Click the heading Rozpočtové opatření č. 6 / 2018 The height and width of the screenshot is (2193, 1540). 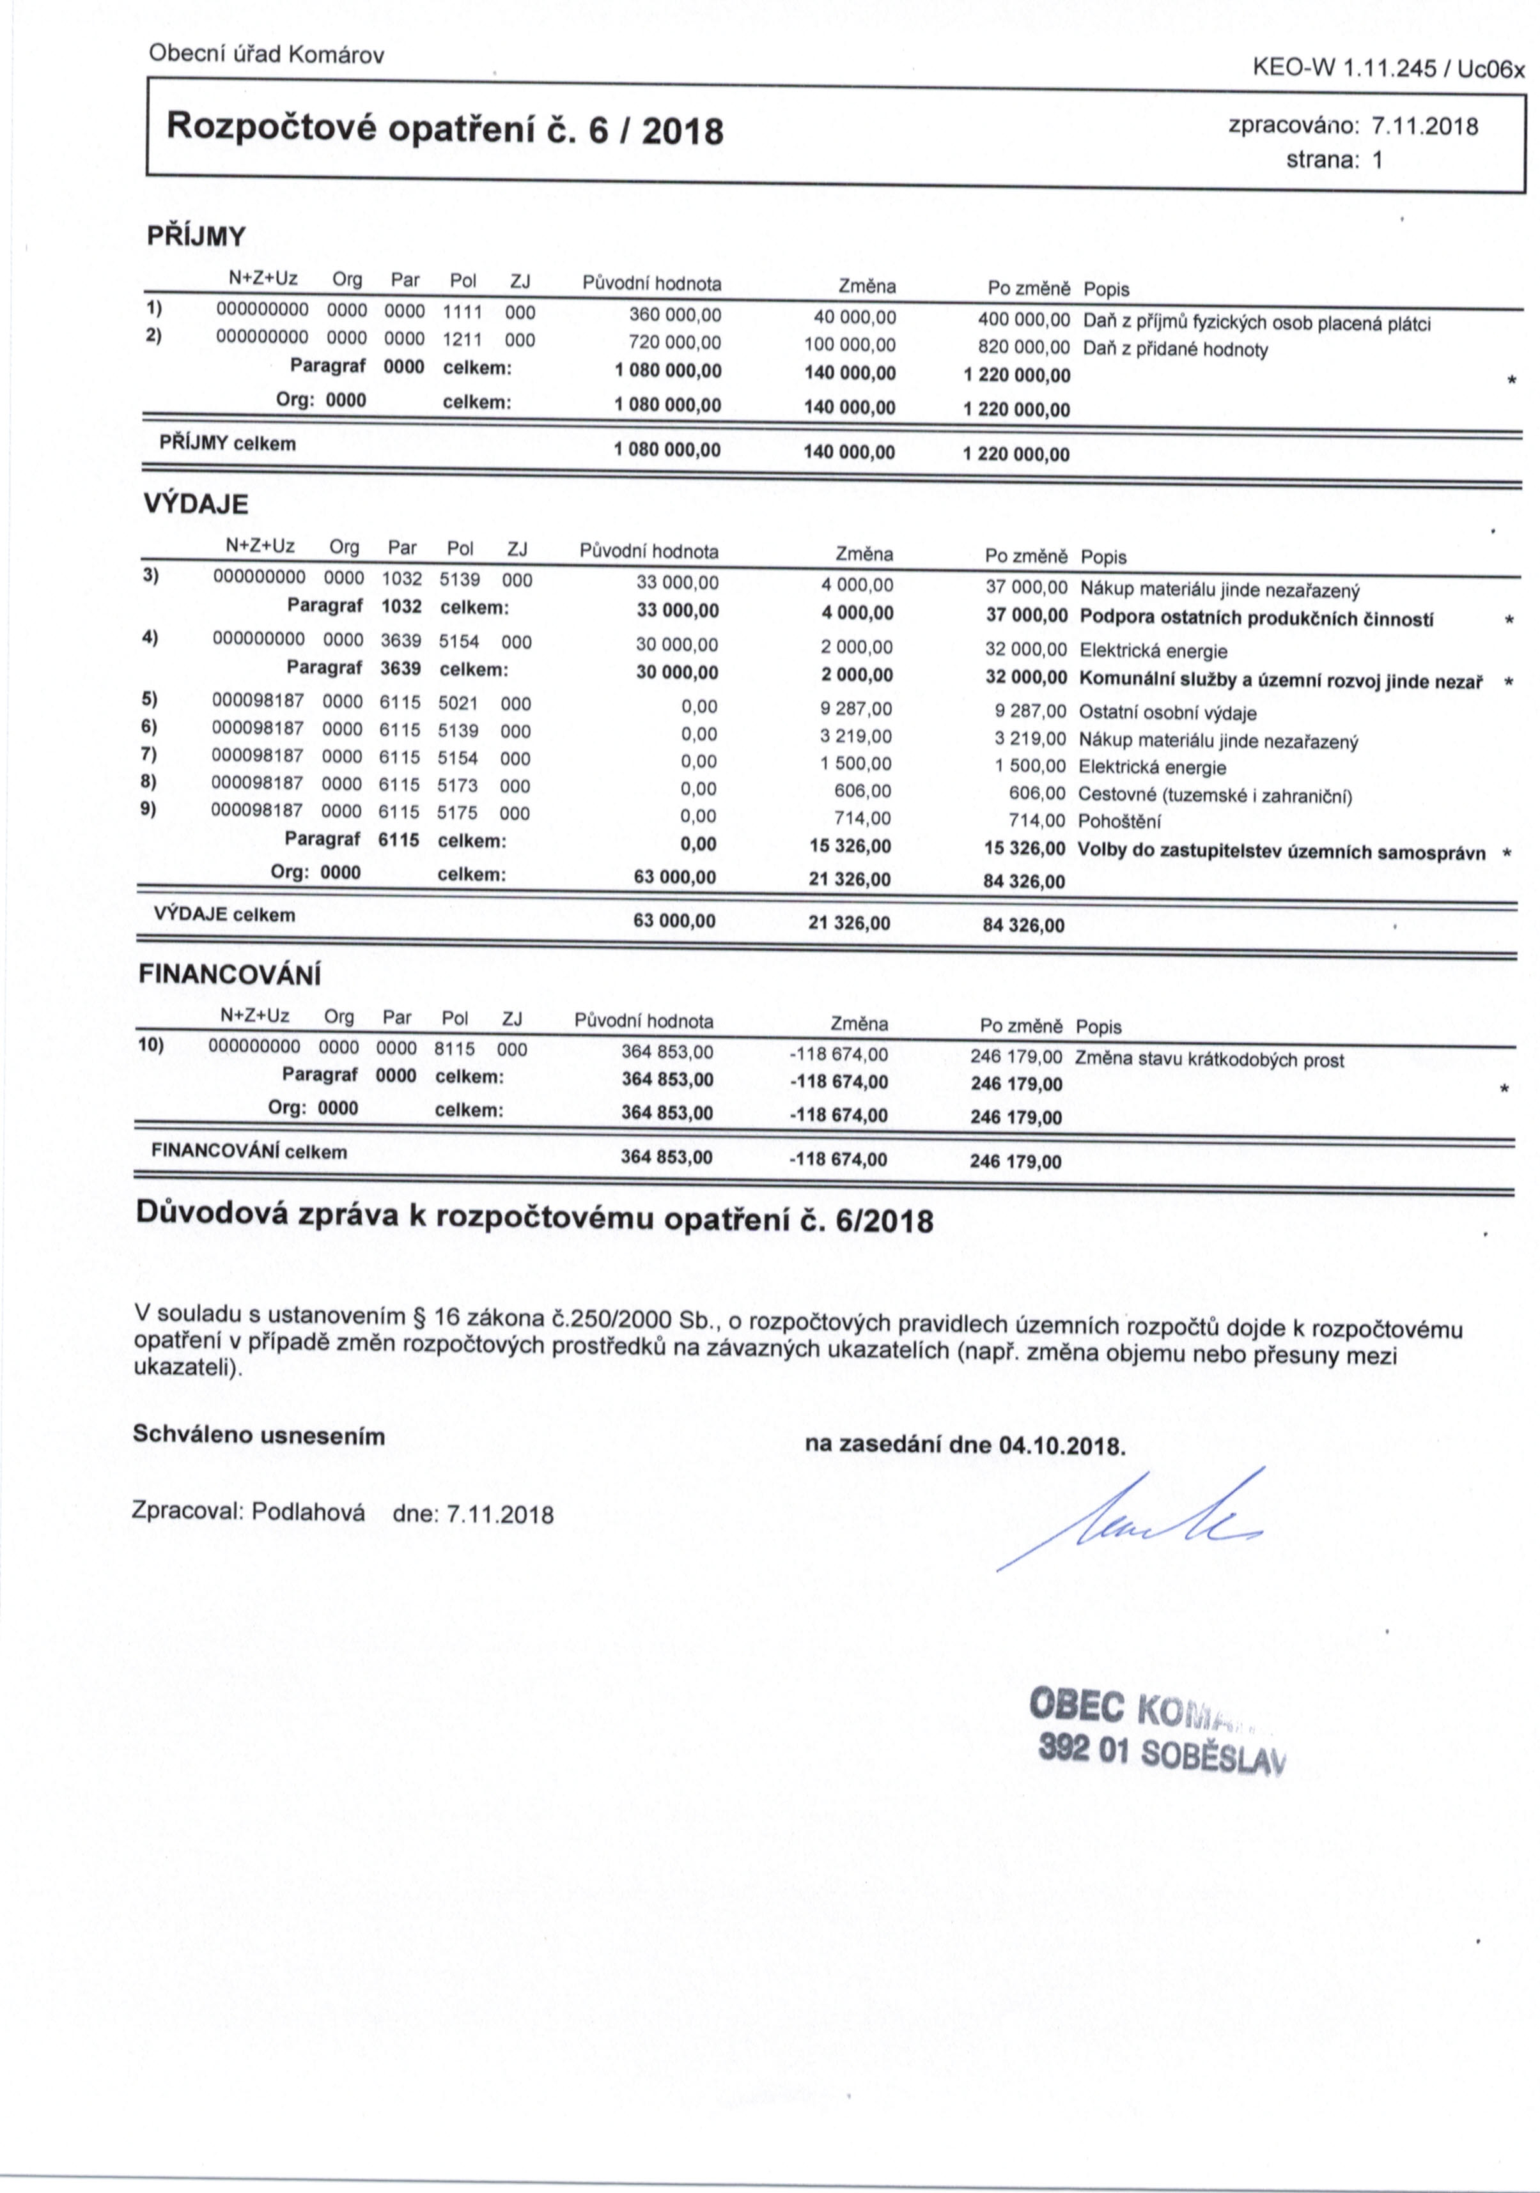tap(444, 128)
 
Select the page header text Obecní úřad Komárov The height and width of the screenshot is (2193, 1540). tap(267, 54)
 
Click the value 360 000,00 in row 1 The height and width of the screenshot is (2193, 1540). tap(676, 315)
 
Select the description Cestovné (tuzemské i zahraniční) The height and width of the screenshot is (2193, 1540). tap(1214, 795)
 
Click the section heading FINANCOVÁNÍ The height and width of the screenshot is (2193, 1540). tap(230, 975)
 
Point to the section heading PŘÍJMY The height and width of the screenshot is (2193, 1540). tap(196, 236)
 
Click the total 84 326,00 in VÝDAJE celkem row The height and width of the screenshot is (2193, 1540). tap(1023, 925)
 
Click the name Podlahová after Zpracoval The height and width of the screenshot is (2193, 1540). tap(309, 1513)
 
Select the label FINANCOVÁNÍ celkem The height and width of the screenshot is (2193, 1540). tap(249, 1152)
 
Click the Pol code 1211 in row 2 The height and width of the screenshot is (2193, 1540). tap(462, 339)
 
